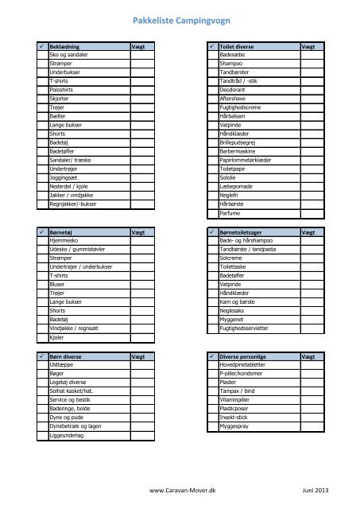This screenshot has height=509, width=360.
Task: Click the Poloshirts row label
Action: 62,90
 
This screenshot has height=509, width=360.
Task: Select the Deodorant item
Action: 231,90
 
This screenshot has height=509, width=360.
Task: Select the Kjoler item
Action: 56,336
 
